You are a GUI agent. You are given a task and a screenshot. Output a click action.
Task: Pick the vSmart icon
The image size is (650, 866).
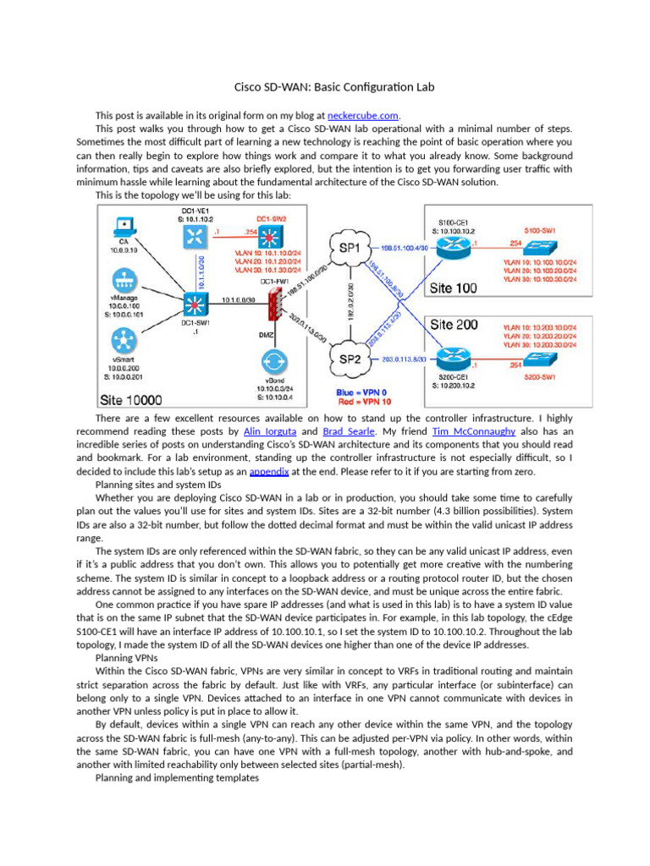(123, 342)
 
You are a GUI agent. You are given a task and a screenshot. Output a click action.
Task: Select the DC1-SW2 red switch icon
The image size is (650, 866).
(272, 237)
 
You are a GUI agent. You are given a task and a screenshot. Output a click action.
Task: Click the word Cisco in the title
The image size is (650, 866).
(250, 87)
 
